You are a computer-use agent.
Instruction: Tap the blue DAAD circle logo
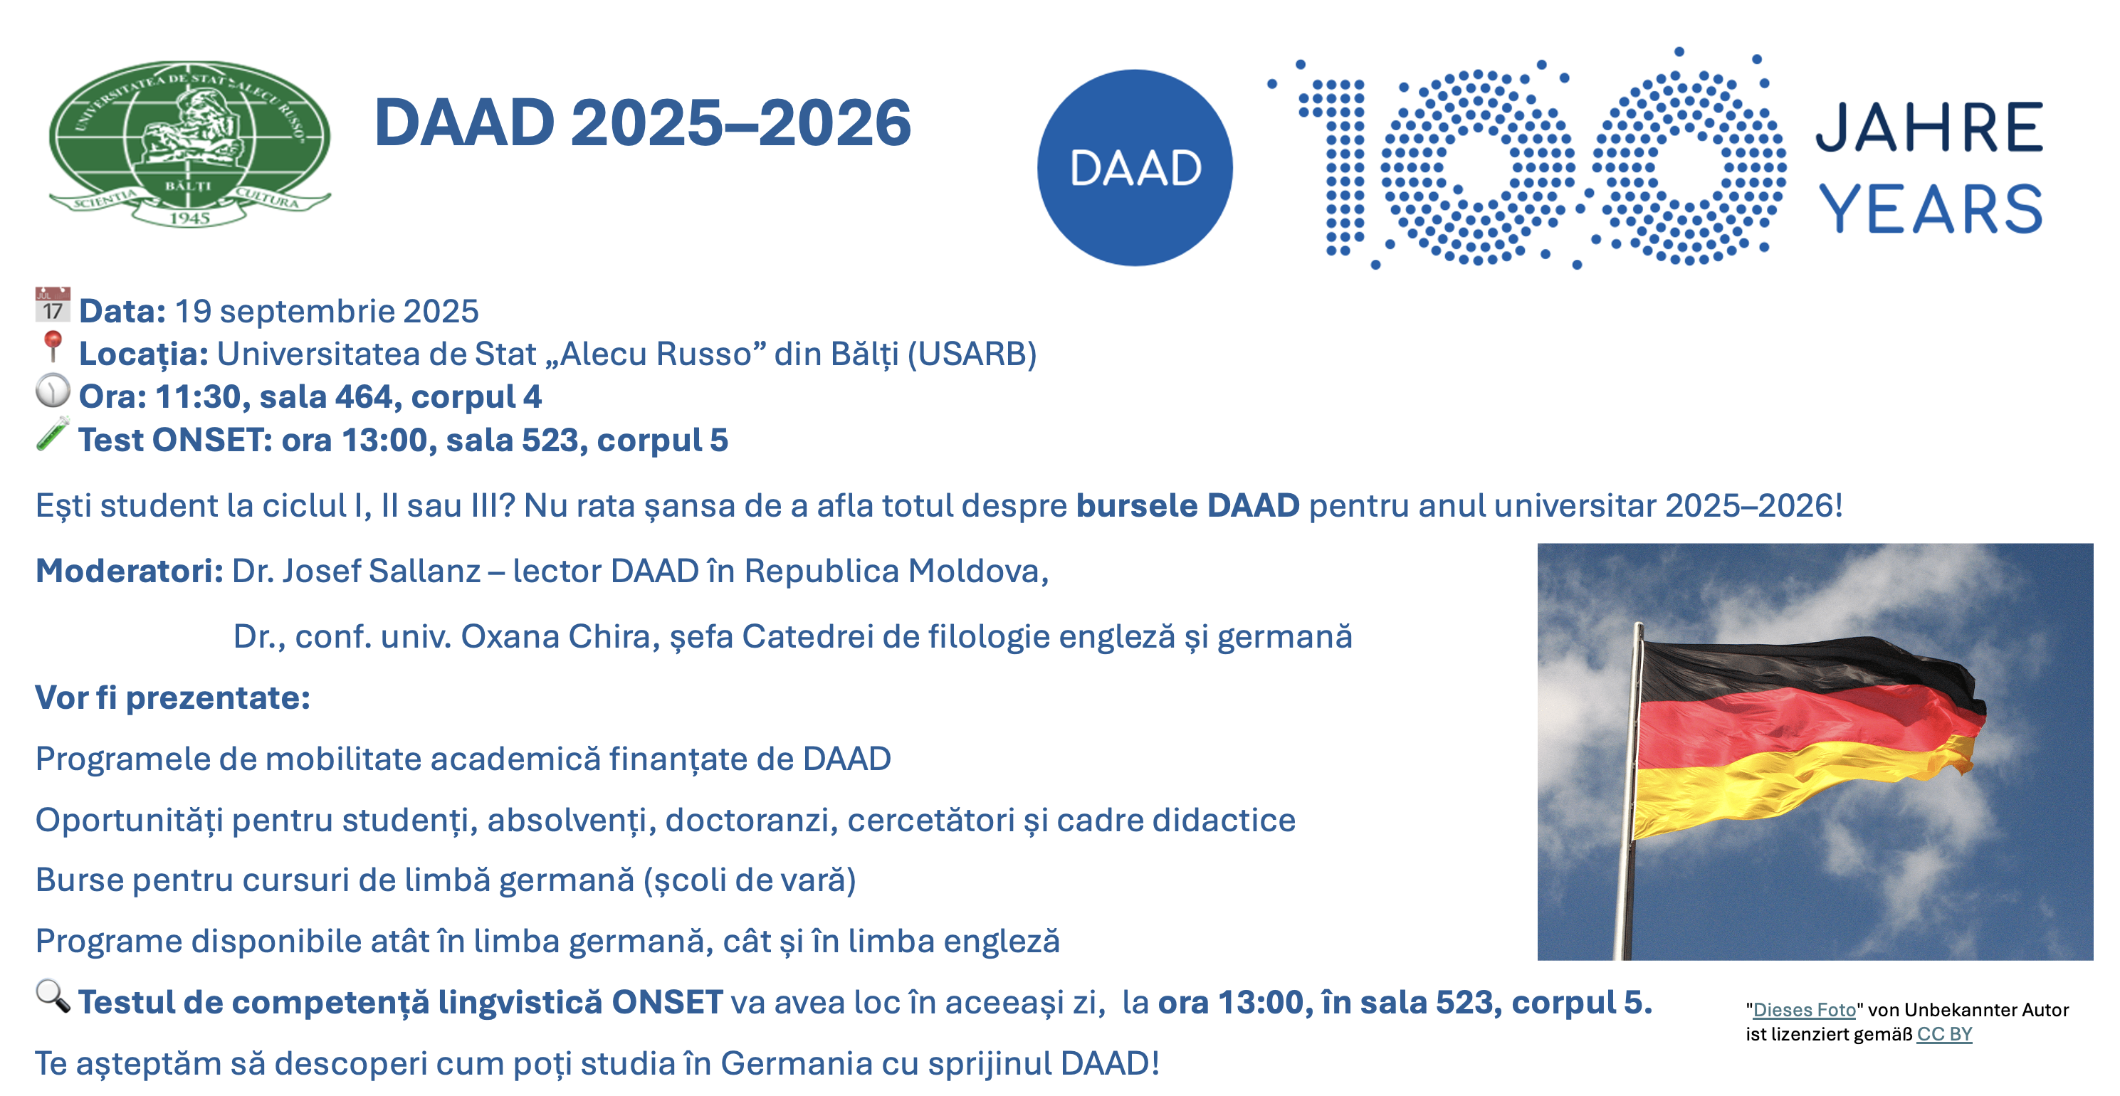[x=1135, y=168]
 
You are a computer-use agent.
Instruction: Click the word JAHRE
[x=1929, y=127]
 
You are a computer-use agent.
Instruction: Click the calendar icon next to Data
[x=53, y=305]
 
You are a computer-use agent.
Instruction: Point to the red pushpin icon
[x=53, y=347]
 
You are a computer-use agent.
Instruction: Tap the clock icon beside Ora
[x=53, y=391]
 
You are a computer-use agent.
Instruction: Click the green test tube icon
[x=53, y=433]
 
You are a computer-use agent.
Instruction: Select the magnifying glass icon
[x=53, y=996]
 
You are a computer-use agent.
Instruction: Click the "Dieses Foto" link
[x=1804, y=1010]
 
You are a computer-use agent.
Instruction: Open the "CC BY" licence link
[x=1944, y=1034]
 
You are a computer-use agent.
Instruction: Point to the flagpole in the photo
[x=1630, y=790]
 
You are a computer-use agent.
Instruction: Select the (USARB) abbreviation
[x=972, y=354]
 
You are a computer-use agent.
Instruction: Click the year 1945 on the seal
[x=190, y=218]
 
